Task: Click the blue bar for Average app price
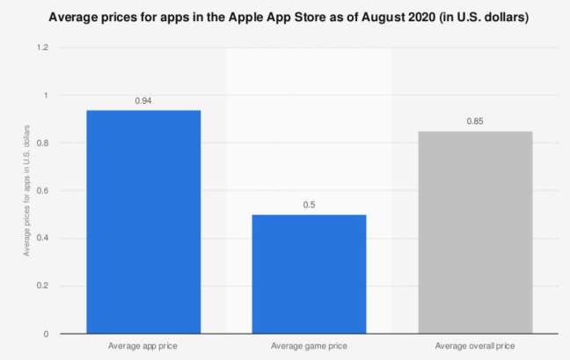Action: pyautogui.click(x=143, y=222)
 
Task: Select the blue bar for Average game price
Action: pyautogui.click(x=309, y=274)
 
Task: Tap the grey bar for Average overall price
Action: pyautogui.click(x=475, y=232)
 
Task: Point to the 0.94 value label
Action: pyautogui.click(x=143, y=101)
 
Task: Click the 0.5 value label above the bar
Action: pyautogui.click(x=309, y=205)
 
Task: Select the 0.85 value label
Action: pyautogui.click(x=475, y=121)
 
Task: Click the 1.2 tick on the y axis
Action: pyautogui.click(x=42, y=48)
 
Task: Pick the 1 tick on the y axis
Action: pyautogui.click(x=46, y=95)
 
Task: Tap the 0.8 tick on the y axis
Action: pyautogui.click(x=42, y=143)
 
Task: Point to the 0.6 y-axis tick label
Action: pyautogui.click(x=42, y=190)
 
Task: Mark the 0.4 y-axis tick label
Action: pyautogui.click(x=42, y=238)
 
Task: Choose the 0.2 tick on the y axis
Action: pyautogui.click(x=42, y=286)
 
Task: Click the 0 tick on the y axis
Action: pyautogui.click(x=46, y=334)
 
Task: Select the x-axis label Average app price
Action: pyautogui.click(x=143, y=347)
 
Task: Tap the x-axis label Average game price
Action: pyautogui.click(x=309, y=347)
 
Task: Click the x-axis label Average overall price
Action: pyautogui.click(x=475, y=347)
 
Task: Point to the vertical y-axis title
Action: pyautogui.click(x=27, y=191)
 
